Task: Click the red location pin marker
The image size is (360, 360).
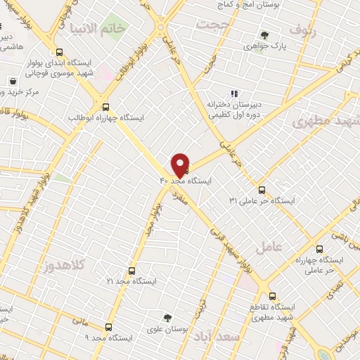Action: [x=181, y=165]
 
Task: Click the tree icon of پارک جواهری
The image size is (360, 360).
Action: [x=264, y=35]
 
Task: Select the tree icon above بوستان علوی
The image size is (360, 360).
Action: [x=167, y=318]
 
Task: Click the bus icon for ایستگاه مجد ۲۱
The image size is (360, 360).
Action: [x=131, y=270]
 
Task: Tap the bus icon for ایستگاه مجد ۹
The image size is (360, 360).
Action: [x=108, y=327]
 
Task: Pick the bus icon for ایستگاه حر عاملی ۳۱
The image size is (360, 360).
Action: [x=262, y=190]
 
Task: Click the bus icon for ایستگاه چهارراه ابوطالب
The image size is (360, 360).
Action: [x=106, y=107]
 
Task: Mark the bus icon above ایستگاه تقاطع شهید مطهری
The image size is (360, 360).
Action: [x=273, y=296]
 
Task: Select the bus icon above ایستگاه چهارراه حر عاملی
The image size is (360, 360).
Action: [x=319, y=249]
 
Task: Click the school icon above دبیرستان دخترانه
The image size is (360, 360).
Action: [x=235, y=94]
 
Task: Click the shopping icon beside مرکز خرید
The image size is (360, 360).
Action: [x=13, y=81]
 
